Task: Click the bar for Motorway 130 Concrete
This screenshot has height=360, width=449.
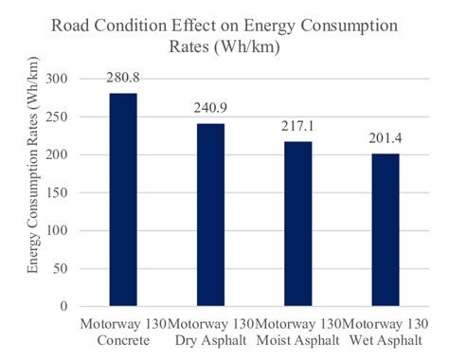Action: [x=123, y=200]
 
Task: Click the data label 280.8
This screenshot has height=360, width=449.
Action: [x=123, y=80]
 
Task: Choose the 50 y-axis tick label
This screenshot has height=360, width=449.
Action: [x=63, y=268]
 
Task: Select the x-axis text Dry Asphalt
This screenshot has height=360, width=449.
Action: [x=214, y=340]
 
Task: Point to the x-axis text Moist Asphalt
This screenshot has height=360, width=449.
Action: [x=304, y=340]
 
